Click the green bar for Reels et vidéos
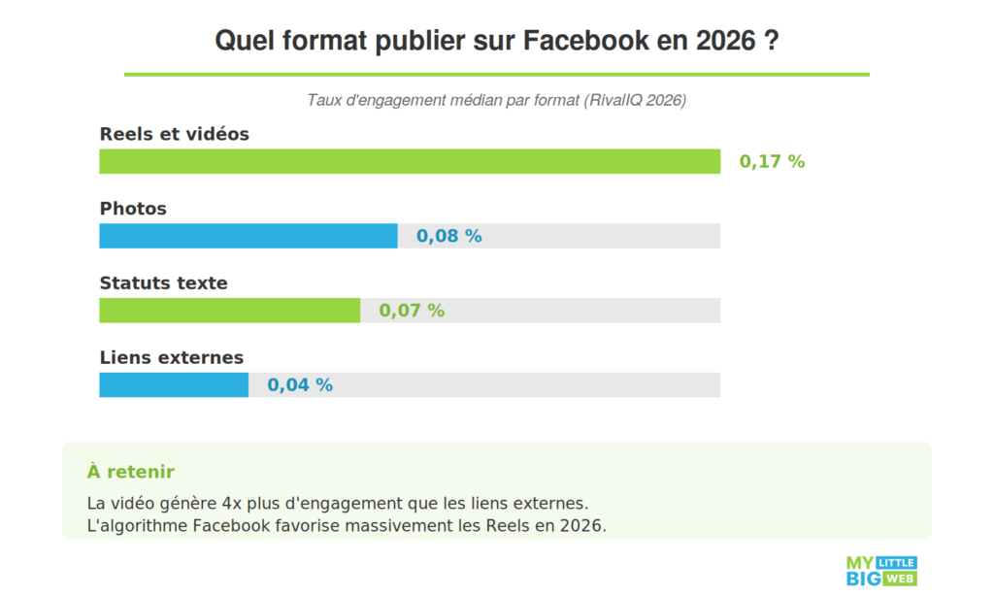click(x=410, y=161)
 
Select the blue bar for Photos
click(x=248, y=236)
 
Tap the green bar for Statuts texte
click(x=229, y=311)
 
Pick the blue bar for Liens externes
click(x=174, y=385)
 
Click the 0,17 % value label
click(x=772, y=162)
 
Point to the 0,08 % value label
click(x=448, y=236)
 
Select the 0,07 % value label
click(x=412, y=311)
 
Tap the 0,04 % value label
click(x=300, y=385)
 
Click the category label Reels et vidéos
click(x=175, y=134)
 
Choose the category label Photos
click(x=133, y=209)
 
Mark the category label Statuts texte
click(x=164, y=283)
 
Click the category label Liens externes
click(x=172, y=358)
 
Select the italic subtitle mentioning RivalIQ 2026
click(x=496, y=100)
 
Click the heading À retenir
click(x=131, y=472)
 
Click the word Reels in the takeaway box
click(x=495, y=525)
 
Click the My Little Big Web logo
click(x=881, y=571)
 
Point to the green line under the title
click(x=496, y=74)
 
